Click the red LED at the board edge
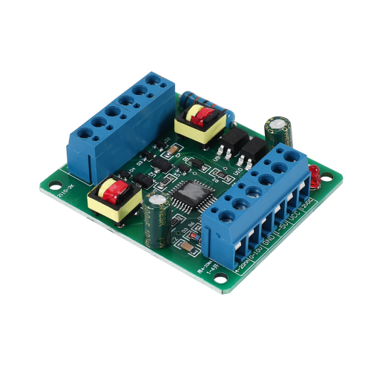pos(315,175)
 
